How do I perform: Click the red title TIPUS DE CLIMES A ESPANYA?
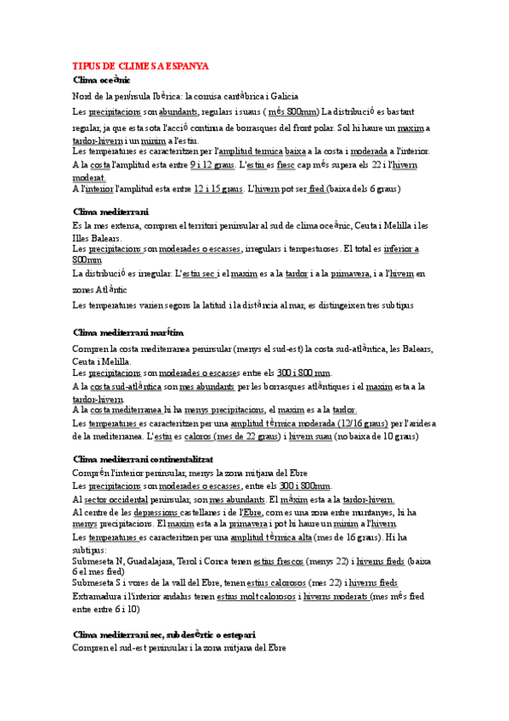coord(140,65)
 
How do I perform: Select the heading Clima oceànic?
coord(101,80)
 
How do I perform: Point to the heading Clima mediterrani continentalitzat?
coord(142,459)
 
